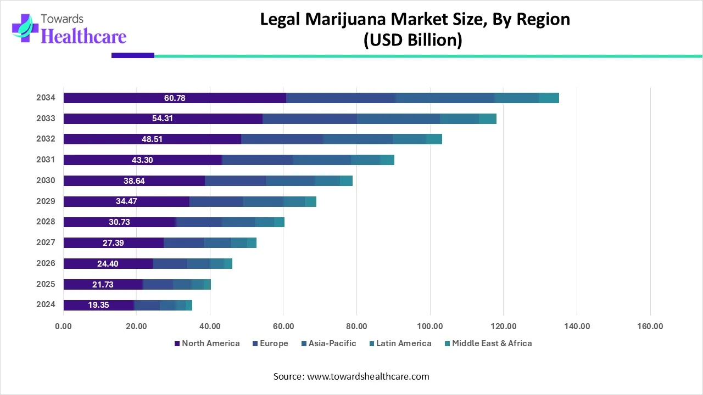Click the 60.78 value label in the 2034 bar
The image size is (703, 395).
point(175,98)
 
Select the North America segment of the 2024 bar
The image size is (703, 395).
point(99,305)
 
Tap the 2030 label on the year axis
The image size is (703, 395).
point(46,180)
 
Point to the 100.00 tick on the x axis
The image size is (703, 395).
point(430,326)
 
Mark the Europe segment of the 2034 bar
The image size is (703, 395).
point(341,98)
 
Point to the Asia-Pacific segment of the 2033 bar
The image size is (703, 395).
point(398,119)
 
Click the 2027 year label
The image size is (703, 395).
point(46,242)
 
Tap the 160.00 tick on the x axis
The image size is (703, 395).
point(650,326)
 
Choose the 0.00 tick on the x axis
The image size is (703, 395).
point(64,326)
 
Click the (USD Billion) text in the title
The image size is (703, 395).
point(412,41)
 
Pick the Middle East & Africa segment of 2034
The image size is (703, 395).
point(549,98)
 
